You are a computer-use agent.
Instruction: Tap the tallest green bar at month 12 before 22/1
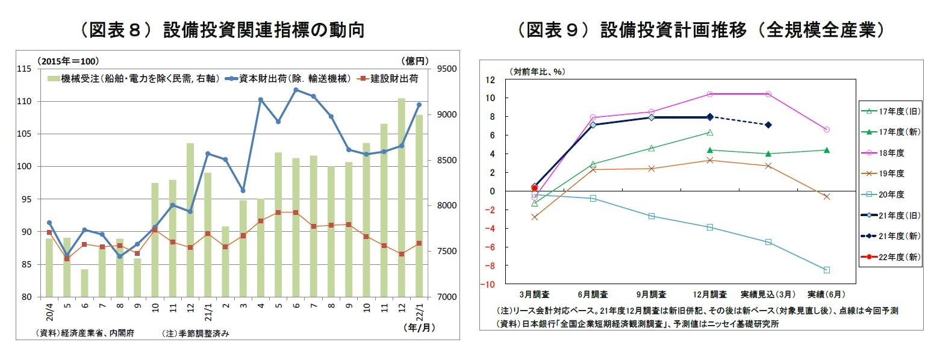(x=401, y=197)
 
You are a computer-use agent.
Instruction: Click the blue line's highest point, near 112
(x=296, y=90)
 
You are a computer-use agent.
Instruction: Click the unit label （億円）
(x=414, y=60)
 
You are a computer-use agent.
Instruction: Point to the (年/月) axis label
(x=419, y=328)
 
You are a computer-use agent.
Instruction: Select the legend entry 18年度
(x=891, y=154)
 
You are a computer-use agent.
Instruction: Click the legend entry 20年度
(x=891, y=194)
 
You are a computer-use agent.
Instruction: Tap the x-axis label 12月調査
(x=710, y=294)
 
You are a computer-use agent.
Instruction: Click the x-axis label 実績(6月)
(x=826, y=294)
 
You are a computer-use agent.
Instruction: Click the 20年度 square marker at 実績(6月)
(x=827, y=270)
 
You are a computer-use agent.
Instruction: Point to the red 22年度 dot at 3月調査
(x=534, y=188)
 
